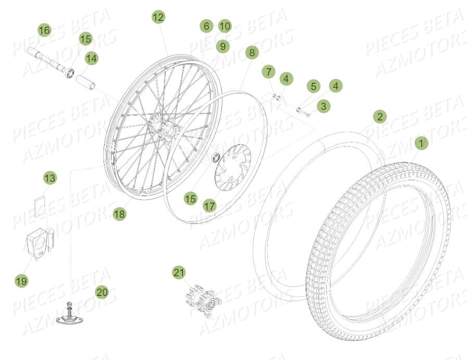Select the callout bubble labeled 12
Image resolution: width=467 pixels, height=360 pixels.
tap(158, 17)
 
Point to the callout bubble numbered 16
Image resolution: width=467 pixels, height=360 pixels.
tap(44, 31)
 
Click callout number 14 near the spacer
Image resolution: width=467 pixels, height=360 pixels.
tap(91, 59)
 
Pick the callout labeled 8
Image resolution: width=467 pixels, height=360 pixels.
tap(251, 53)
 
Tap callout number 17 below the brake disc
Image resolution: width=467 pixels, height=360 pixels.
tap(210, 206)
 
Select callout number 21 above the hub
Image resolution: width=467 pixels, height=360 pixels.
tap(179, 272)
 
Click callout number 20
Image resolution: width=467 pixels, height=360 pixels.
tap(102, 292)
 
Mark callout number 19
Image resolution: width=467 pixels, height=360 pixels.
tap(21, 281)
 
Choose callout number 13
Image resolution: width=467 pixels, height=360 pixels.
tap(49, 179)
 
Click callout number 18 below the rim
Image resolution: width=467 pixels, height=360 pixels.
tap(120, 214)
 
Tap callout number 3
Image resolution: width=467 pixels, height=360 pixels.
tap(324, 106)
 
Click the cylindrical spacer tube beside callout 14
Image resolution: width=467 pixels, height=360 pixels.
tap(86, 83)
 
